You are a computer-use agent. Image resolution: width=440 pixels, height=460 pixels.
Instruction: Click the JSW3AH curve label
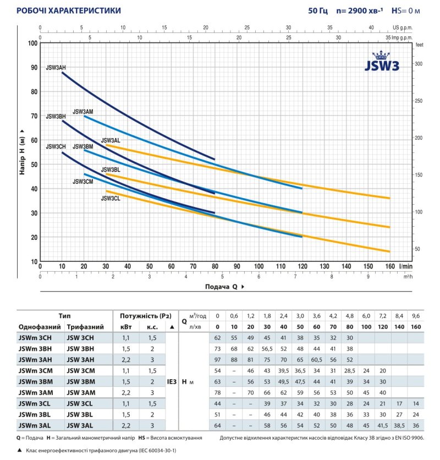[57, 67]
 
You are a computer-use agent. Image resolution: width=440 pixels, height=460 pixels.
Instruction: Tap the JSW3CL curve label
[111, 198]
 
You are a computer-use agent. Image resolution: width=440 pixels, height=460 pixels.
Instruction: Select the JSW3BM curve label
[83, 146]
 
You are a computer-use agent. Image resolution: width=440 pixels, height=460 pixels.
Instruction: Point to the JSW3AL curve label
[111, 140]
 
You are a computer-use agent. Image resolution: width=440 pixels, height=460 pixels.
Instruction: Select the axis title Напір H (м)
[21, 152]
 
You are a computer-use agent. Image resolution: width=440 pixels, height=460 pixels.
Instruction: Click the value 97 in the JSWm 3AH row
[217, 360]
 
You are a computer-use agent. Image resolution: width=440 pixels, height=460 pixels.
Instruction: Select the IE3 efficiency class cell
[171, 380]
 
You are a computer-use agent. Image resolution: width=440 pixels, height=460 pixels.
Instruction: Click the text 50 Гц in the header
[317, 10]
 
